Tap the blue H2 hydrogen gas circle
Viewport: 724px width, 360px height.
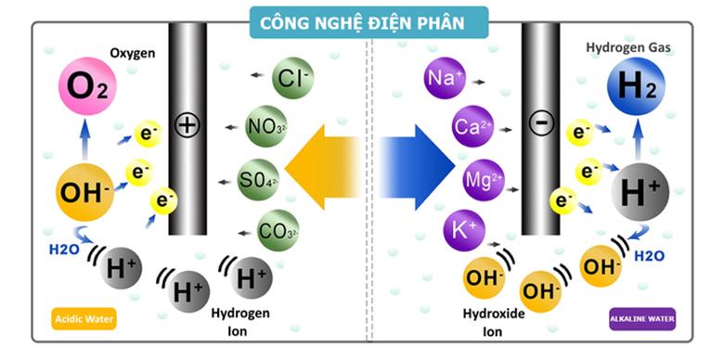coord(635,89)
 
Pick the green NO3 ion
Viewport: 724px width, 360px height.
coord(266,127)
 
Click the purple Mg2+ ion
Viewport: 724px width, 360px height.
coord(484,180)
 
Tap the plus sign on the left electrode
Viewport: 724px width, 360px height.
coord(187,125)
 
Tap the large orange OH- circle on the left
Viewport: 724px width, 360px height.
coord(86,192)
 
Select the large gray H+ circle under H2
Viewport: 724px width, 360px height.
coord(640,193)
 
